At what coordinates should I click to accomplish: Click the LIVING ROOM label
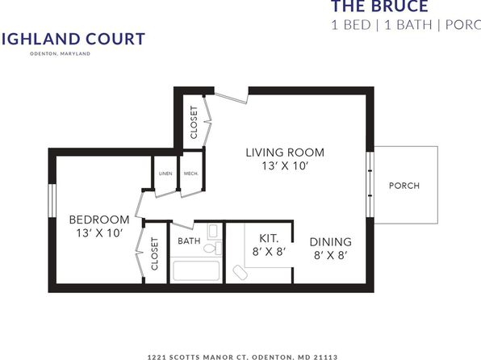pos(285,153)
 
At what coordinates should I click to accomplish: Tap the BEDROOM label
pos(99,220)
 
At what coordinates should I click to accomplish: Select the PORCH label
pos(404,186)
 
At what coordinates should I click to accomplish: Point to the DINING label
pos(330,242)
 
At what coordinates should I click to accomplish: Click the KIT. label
pos(269,238)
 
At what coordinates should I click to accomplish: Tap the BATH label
pos(189,241)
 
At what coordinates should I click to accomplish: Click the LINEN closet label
pos(165,174)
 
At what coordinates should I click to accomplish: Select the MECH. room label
pos(190,174)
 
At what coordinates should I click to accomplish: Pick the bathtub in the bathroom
pos(196,270)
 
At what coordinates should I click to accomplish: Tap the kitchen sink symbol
pos(240,272)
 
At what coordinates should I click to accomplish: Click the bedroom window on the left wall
pos(52,201)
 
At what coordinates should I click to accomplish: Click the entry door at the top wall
pos(231,96)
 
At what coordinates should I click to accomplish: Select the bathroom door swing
pos(183,225)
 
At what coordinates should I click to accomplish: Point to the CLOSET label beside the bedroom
pos(155,253)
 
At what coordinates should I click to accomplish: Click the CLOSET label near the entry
pos(194,122)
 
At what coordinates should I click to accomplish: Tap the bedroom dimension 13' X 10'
pos(99,233)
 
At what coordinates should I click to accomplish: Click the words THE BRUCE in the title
pos(380,6)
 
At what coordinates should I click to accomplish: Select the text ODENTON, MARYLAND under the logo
pos(60,53)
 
